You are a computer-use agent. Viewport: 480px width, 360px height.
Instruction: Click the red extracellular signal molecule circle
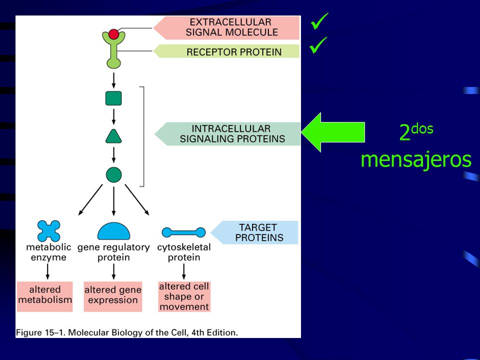113,34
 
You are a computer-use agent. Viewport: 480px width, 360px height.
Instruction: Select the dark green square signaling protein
113,98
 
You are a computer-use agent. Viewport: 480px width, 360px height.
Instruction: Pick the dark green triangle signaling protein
113,137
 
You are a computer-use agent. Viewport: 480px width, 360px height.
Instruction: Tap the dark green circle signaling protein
113,175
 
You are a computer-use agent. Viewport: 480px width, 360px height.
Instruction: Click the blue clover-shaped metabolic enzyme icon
48,231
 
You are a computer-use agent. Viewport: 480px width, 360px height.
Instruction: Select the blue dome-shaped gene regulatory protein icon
113,231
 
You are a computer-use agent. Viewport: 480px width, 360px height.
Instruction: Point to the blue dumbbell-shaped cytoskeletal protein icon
183,232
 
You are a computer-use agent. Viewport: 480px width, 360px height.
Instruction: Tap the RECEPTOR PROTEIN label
226,51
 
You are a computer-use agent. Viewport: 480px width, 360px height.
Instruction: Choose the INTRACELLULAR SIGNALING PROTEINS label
228,134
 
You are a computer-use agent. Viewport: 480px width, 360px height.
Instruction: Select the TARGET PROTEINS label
254,232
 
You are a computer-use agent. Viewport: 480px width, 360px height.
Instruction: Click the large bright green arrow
333,132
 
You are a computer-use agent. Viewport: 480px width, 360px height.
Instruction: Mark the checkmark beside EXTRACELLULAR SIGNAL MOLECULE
319,21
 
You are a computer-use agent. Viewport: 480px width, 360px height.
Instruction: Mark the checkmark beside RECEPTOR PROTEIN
318,45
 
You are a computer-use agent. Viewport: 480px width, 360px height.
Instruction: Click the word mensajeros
416,159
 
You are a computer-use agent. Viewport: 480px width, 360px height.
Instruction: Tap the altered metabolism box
44,296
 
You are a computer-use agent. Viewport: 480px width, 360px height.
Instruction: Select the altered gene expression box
113,296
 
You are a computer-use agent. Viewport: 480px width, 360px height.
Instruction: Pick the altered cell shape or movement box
184,296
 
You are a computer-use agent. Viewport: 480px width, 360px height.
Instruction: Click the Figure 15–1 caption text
126,332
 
